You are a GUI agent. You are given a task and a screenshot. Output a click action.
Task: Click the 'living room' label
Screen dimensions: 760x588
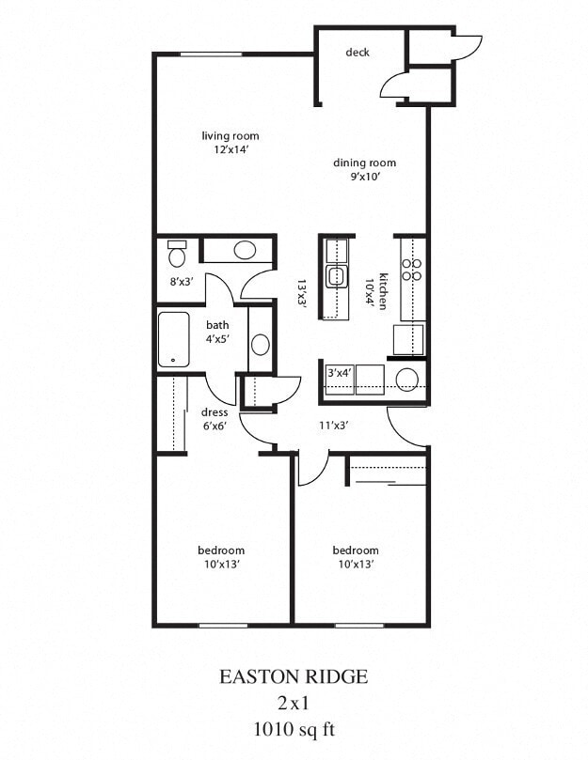[230, 136]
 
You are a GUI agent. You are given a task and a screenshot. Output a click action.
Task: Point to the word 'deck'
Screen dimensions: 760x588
[357, 53]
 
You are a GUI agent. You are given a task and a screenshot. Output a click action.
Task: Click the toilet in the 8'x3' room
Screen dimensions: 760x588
[177, 254]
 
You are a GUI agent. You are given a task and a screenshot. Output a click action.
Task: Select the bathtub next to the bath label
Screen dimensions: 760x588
[174, 339]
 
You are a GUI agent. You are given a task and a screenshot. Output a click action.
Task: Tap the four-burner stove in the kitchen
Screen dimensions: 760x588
[411, 270]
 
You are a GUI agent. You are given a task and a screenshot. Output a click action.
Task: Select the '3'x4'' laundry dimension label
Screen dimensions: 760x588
[339, 373]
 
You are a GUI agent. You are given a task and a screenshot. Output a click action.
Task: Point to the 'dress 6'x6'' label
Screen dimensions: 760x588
[215, 419]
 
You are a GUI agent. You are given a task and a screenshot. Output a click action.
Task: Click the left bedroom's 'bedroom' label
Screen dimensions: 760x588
[221, 551]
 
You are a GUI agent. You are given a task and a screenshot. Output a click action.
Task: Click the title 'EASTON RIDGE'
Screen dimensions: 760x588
[293, 676]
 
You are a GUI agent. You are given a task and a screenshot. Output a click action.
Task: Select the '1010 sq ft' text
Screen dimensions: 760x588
[293, 727]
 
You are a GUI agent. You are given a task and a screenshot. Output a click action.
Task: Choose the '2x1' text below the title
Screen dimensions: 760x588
[293, 702]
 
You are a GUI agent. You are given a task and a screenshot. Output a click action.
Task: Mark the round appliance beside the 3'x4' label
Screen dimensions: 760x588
[406, 379]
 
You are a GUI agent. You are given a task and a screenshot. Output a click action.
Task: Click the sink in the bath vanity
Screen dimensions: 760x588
[261, 344]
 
